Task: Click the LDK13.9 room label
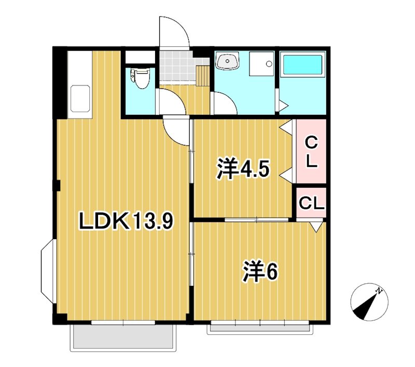coord(125,222)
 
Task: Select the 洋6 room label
coord(261,271)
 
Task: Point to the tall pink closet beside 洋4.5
coord(311,151)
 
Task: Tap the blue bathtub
coord(302,65)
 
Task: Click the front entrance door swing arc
coord(173,32)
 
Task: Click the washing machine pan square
coord(261,64)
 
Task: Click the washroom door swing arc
coord(224,103)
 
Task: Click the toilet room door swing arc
coord(168,100)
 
